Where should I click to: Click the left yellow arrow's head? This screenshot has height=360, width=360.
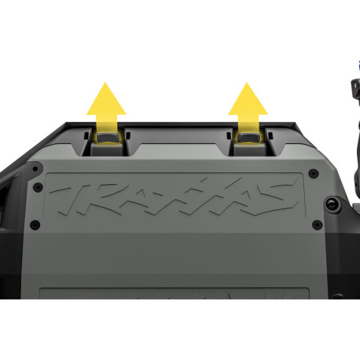point(106,99)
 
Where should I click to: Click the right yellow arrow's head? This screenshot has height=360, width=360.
point(248,99)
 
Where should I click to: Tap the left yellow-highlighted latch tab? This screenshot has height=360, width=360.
point(108,137)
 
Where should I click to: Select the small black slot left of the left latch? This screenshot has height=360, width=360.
point(86,135)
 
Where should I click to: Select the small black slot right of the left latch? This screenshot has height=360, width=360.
point(128,135)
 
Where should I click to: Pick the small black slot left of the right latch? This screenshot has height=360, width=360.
point(229,135)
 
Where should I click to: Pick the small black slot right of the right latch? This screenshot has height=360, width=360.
point(270,135)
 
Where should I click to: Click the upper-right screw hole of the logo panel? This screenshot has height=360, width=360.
point(314,173)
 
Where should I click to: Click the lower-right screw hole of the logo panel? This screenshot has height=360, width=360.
point(318,225)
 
